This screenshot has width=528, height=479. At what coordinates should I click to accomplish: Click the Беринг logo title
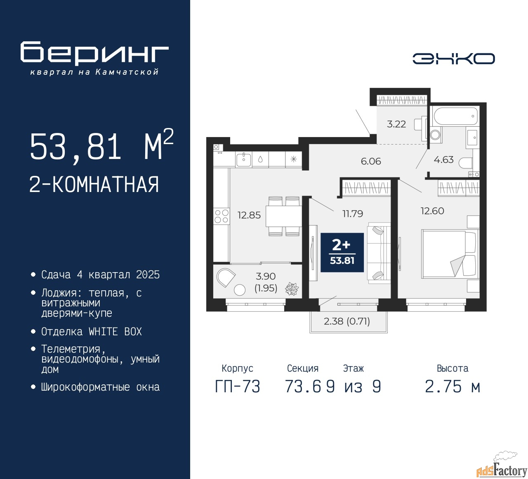[94, 53]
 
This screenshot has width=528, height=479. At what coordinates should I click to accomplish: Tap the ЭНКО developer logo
[453, 59]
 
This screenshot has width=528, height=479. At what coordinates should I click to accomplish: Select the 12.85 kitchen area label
[249, 215]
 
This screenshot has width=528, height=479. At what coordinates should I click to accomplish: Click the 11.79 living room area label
[353, 214]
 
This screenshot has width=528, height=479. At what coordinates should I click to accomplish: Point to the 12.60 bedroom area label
[432, 211]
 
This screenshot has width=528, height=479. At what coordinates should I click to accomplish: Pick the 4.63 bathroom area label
[443, 160]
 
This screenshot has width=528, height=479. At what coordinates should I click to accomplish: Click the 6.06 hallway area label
[371, 161]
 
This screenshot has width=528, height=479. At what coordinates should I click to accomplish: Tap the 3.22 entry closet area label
[396, 124]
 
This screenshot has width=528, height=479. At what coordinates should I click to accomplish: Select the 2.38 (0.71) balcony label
[347, 321]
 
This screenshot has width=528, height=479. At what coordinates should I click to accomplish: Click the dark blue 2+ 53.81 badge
[342, 252]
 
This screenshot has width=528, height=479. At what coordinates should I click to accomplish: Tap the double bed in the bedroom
[449, 254]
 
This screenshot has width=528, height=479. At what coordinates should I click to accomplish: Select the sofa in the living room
[379, 253]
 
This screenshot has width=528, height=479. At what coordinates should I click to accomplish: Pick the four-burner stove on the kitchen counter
[222, 216]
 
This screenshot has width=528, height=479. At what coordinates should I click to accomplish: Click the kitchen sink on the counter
[243, 159]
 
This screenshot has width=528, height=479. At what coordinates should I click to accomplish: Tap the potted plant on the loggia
[292, 289]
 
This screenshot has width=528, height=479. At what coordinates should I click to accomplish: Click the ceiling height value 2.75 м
[453, 387]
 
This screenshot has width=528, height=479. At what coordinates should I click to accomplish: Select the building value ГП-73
[238, 387]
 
